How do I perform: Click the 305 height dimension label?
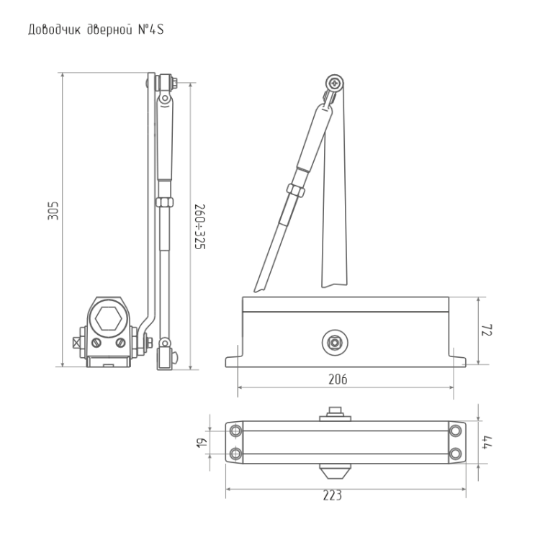[53, 211]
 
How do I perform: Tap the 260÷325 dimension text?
[200, 227]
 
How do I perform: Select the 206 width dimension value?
[338, 379]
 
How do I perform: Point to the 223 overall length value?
[333, 495]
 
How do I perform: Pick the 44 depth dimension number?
[487, 442]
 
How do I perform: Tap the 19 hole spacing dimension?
[202, 443]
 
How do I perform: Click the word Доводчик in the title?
[54, 30]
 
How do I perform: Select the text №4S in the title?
[151, 30]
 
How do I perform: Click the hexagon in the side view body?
[109, 318]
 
